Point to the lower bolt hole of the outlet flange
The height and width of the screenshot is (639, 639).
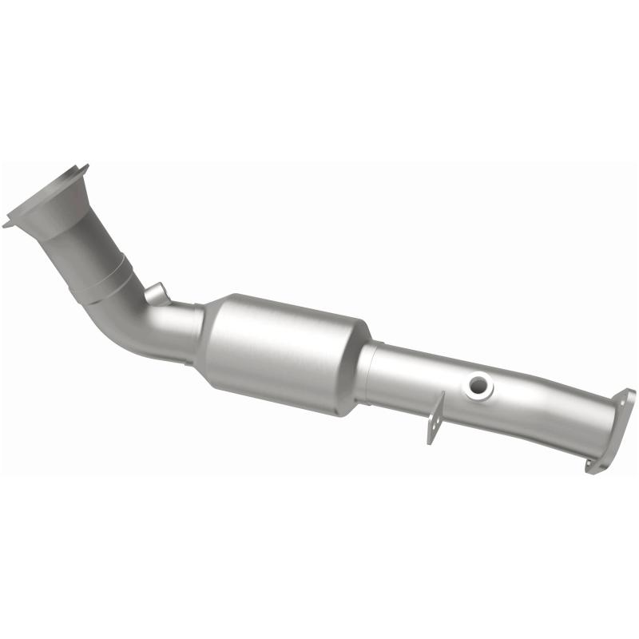(x=593, y=464)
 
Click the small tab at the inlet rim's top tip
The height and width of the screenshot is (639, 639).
(x=83, y=168)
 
